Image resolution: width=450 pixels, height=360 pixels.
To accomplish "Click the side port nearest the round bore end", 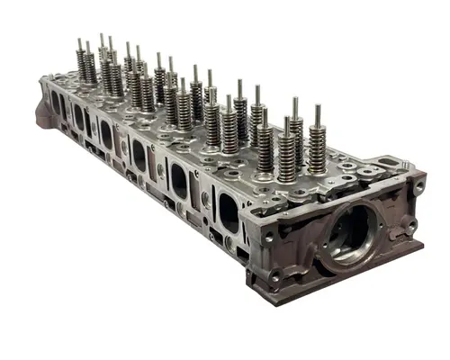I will pos(229,213).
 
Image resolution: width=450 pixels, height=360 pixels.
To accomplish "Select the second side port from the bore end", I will pos(179,183).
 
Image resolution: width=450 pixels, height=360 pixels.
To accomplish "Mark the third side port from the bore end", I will pos(140,157).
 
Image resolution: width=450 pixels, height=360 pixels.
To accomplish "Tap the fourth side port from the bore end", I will pos(107,136).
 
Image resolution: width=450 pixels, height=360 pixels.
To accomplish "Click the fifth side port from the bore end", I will pos(79,118).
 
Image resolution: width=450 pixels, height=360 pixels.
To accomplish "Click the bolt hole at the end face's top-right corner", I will pos(418,187).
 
